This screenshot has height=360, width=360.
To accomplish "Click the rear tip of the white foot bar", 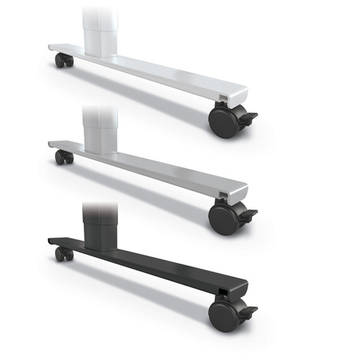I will tap(53, 48).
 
